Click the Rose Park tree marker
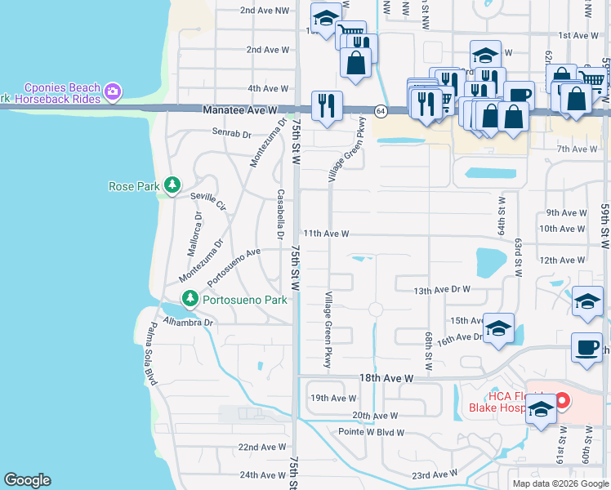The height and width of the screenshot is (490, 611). coord(172,186)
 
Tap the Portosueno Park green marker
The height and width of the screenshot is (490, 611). coord(190,300)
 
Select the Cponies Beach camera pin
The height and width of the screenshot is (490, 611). coord(113,91)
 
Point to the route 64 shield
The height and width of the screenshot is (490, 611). coord(381,109)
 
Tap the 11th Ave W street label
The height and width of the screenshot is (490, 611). coord(326,234)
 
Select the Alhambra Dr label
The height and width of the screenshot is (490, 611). coord(188,323)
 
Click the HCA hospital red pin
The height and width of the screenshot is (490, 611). coord(562,401)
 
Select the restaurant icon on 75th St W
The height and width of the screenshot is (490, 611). coord(327,105)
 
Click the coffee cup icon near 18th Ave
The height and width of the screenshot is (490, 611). coord(586,346)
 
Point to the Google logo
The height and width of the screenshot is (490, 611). coord(27,480)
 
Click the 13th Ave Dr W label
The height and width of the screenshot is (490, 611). coord(443,290)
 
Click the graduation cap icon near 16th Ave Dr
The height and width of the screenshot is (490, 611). coord(498,328)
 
